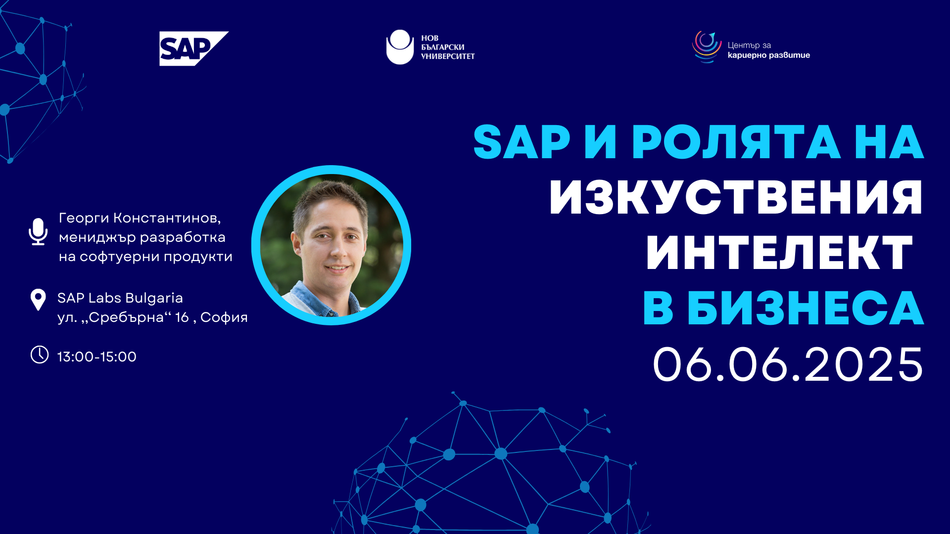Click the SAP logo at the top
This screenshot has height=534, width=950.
click(x=193, y=48)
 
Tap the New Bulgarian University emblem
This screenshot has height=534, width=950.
click(x=400, y=47)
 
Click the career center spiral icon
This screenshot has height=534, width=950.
click(x=707, y=46)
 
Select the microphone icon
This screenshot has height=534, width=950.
click(x=38, y=231)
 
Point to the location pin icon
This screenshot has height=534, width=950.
click(x=38, y=300)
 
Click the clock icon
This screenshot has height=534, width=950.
click(x=40, y=355)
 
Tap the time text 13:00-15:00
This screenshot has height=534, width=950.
click(x=97, y=356)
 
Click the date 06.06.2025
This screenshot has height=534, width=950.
click(x=788, y=364)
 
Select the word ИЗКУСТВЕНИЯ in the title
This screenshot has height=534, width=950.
click(x=736, y=198)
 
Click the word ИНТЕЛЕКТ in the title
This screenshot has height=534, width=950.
click(x=779, y=253)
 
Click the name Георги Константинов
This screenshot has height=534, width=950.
click(x=140, y=218)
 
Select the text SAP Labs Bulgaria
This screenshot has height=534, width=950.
click(x=120, y=298)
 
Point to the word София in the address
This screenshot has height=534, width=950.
click(x=224, y=317)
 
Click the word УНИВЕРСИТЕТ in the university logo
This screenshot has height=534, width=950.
click(x=448, y=56)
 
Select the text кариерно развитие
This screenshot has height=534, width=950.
click(x=769, y=55)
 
